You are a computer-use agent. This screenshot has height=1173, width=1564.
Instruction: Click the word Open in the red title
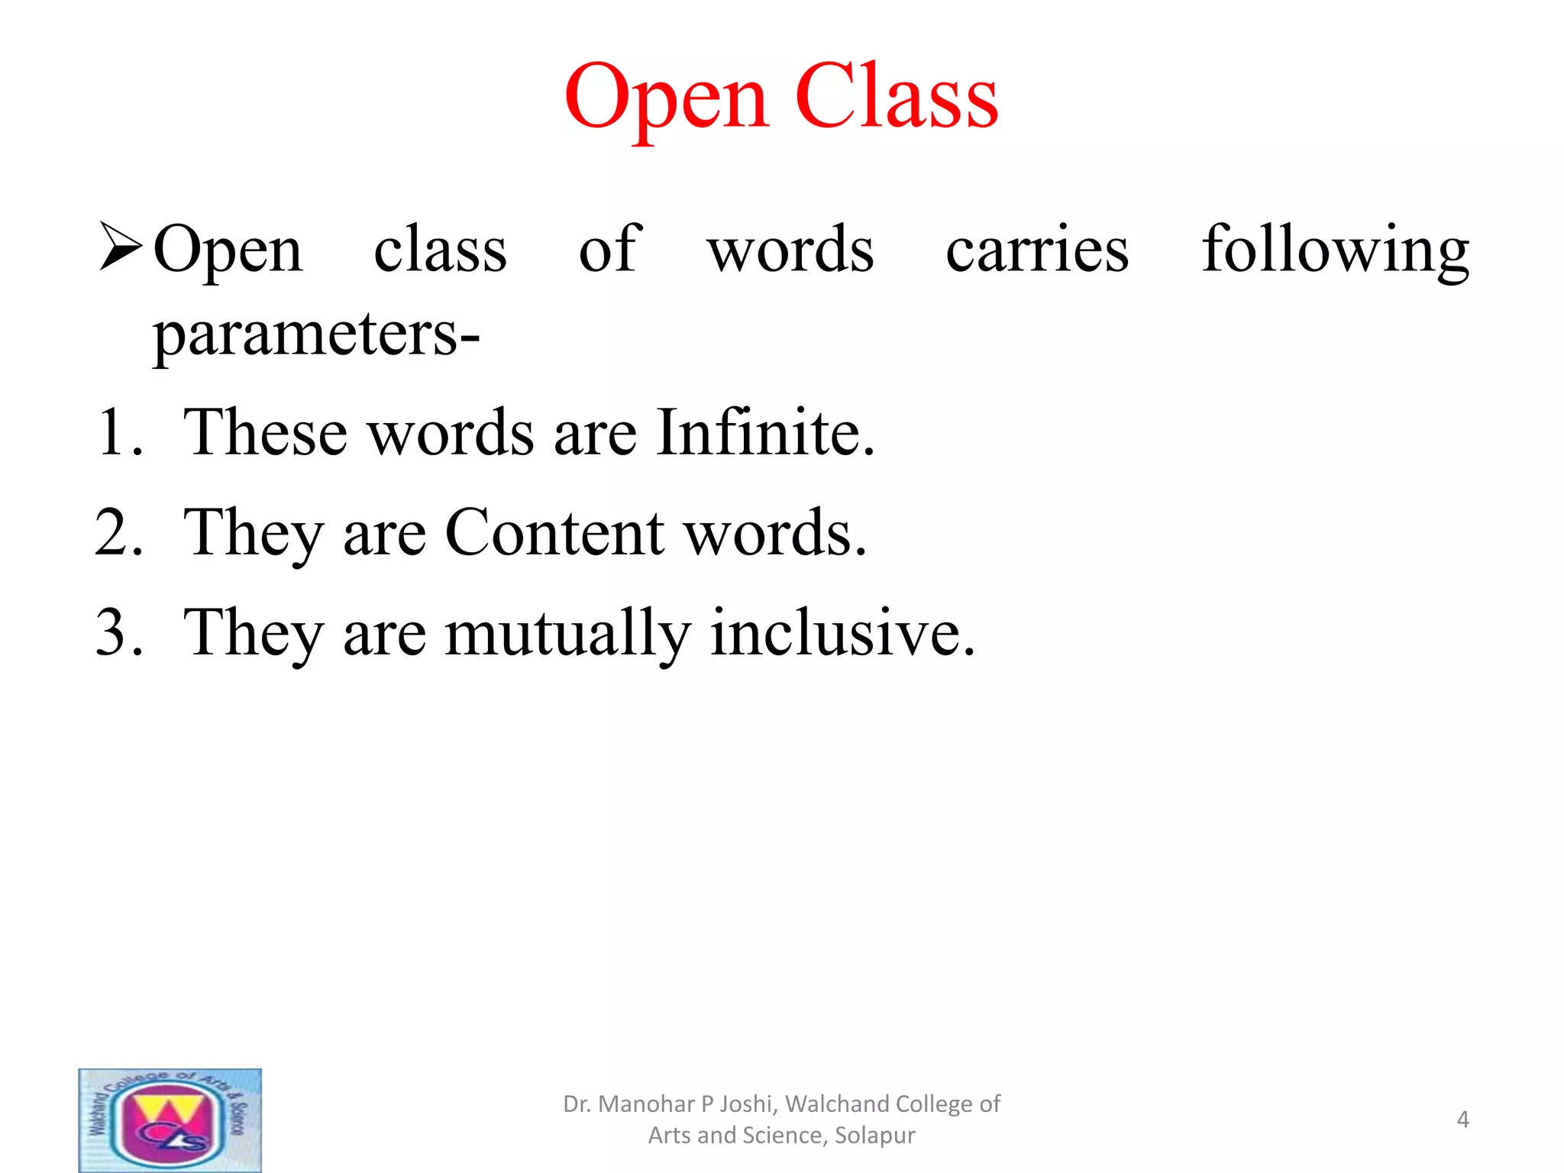[x=666, y=99]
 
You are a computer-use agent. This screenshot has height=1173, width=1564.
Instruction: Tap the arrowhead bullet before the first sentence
[x=121, y=247]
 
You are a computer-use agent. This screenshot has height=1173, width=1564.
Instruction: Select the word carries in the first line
[x=1036, y=250]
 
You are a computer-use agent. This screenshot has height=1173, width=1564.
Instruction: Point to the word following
[x=1335, y=250]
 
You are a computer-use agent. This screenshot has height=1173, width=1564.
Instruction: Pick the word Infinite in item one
[x=764, y=432]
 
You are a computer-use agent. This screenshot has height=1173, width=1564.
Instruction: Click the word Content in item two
[x=554, y=532]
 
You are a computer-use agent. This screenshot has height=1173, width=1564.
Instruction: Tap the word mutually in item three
[x=567, y=633]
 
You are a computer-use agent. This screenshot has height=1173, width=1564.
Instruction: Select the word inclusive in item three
[x=842, y=633]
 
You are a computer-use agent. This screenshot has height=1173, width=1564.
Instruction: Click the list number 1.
[x=118, y=432]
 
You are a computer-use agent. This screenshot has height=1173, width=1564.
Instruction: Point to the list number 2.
[x=118, y=532]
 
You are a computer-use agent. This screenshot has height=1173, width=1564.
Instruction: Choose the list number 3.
[x=118, y=633]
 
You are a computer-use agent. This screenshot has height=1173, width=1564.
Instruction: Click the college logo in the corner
[x=170, y=1120]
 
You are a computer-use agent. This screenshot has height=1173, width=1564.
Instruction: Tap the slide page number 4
[x=1462, y=1120]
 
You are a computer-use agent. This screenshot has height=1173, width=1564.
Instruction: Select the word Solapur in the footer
[x=874, y=1136]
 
